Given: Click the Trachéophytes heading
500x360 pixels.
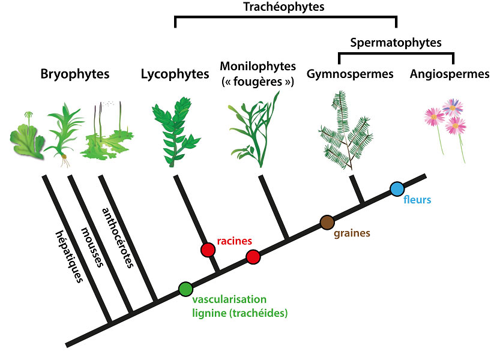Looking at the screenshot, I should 285,7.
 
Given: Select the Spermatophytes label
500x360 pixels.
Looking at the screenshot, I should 396,43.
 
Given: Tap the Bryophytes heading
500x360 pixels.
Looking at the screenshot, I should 75,74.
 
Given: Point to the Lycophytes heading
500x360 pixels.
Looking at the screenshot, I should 175,74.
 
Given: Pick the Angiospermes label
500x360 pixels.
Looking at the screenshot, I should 450,74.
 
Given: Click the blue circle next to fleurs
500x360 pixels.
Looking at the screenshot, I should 397,190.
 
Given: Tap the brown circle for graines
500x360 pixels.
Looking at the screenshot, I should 327,223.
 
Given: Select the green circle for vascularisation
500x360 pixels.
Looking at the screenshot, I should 185,289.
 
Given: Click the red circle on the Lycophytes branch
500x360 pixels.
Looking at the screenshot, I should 208,250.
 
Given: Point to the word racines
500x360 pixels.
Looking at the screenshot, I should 233,241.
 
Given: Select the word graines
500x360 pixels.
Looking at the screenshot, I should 352,233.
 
